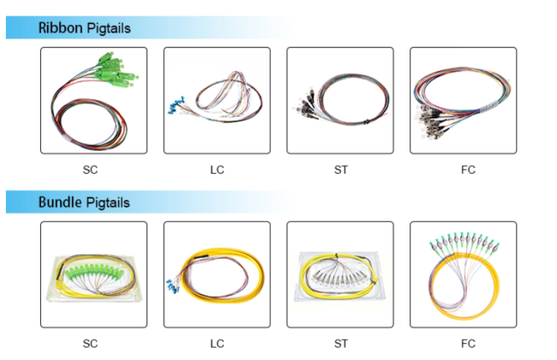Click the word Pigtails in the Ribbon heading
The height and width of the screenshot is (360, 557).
(109, 28)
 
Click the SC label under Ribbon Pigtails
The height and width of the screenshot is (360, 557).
(90, 170)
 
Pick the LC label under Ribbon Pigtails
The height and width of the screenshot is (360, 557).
(217, 170)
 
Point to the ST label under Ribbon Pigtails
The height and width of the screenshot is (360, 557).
(341, 170)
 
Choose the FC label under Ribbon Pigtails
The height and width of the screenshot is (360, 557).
(468, 170)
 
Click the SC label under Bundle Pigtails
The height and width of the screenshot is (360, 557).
(90, 344)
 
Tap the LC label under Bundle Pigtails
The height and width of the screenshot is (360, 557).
(217, 344)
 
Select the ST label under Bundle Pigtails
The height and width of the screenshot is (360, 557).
(341, 344)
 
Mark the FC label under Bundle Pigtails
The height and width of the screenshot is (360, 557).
(468, 344)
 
